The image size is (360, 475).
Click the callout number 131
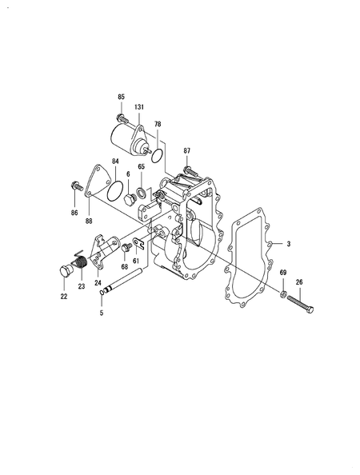pos(139,108)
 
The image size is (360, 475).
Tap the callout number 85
pos(122,97)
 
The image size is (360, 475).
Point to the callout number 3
pos(289,243)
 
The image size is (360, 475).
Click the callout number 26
pos(299,281)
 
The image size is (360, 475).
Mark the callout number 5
pos(101,313)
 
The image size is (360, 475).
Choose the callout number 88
pos(88,220)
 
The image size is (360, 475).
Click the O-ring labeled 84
pos(116,191)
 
